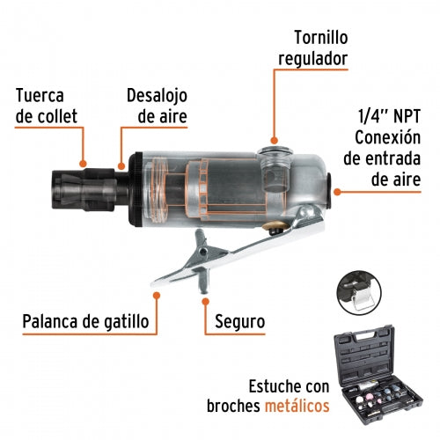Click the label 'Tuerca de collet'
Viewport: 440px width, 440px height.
(47, 106)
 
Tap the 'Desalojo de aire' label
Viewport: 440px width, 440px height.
(157, 106)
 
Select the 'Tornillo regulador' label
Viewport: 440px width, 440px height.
(313, 48)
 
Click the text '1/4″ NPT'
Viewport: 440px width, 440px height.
(389, 116)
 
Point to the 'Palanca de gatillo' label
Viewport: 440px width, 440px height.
(85, 321)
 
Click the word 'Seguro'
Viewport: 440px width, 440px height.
(240, 322)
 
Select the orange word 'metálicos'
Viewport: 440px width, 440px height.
(297, 406)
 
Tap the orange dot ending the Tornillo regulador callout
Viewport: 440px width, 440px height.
(274, 140)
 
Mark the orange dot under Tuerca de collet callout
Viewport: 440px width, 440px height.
(84, 164)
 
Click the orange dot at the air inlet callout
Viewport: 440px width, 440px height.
(337, 192)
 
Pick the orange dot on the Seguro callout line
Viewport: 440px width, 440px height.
(205, 301)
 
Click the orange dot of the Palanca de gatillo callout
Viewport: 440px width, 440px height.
(157, 295)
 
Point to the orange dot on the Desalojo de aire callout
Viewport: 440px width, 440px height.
(121, 166)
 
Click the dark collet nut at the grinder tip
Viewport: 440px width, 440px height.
(84, 190)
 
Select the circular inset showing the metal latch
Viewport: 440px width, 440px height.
(359, 293)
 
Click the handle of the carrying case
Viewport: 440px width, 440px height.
(366, 336)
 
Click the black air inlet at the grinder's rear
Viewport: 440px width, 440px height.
(328, 191)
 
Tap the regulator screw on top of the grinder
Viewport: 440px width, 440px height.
(275, 151)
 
